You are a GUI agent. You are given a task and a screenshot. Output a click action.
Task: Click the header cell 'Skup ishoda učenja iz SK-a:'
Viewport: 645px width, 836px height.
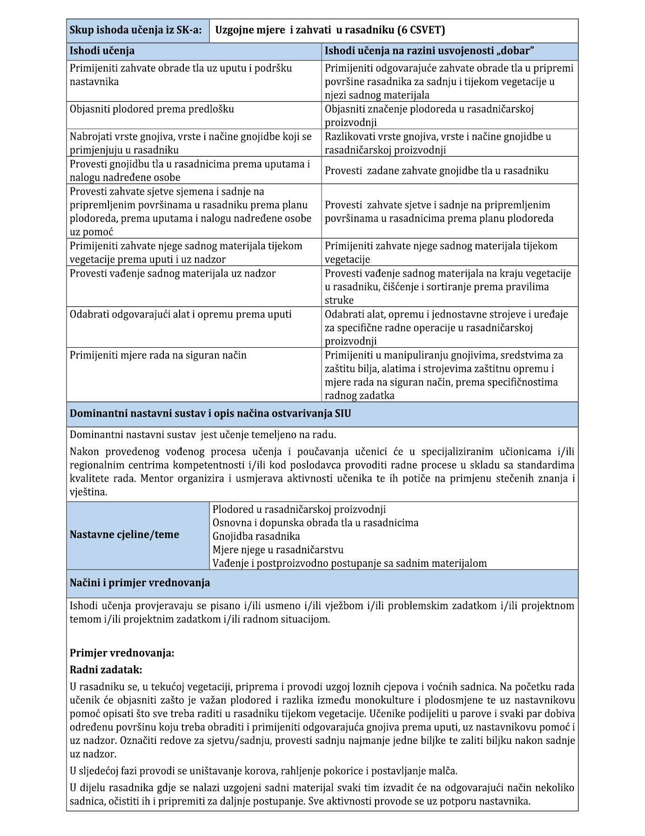135,30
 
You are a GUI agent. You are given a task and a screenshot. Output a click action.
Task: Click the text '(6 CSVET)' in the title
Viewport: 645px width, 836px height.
421,30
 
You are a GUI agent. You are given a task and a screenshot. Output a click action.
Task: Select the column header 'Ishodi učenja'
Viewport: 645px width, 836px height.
102,51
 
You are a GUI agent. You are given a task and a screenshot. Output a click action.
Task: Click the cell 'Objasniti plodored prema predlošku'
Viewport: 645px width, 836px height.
152,109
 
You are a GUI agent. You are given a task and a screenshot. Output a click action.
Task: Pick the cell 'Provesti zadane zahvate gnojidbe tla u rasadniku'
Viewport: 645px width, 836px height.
437,171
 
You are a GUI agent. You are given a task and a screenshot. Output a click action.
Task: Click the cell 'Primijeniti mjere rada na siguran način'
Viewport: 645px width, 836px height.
158,355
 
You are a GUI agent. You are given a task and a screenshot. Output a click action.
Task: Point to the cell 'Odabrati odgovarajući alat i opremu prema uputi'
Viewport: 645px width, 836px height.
181,314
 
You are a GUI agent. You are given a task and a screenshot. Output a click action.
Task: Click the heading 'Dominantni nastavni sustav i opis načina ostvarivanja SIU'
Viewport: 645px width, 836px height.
210,414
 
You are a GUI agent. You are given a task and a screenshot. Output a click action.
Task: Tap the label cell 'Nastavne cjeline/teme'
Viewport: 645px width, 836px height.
124,535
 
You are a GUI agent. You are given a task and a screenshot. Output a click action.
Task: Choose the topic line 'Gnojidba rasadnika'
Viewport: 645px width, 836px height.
256,536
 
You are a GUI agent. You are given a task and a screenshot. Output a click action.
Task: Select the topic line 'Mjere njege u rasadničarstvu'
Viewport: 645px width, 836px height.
278,550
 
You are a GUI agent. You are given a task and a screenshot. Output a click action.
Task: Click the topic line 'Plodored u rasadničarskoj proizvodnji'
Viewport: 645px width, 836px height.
299,509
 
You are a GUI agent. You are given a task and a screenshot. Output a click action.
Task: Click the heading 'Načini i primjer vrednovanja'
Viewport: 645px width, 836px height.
140,583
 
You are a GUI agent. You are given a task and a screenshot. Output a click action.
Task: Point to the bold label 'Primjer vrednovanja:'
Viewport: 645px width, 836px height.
122,653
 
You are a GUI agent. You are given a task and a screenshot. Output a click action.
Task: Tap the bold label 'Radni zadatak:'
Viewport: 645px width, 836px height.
106,670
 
